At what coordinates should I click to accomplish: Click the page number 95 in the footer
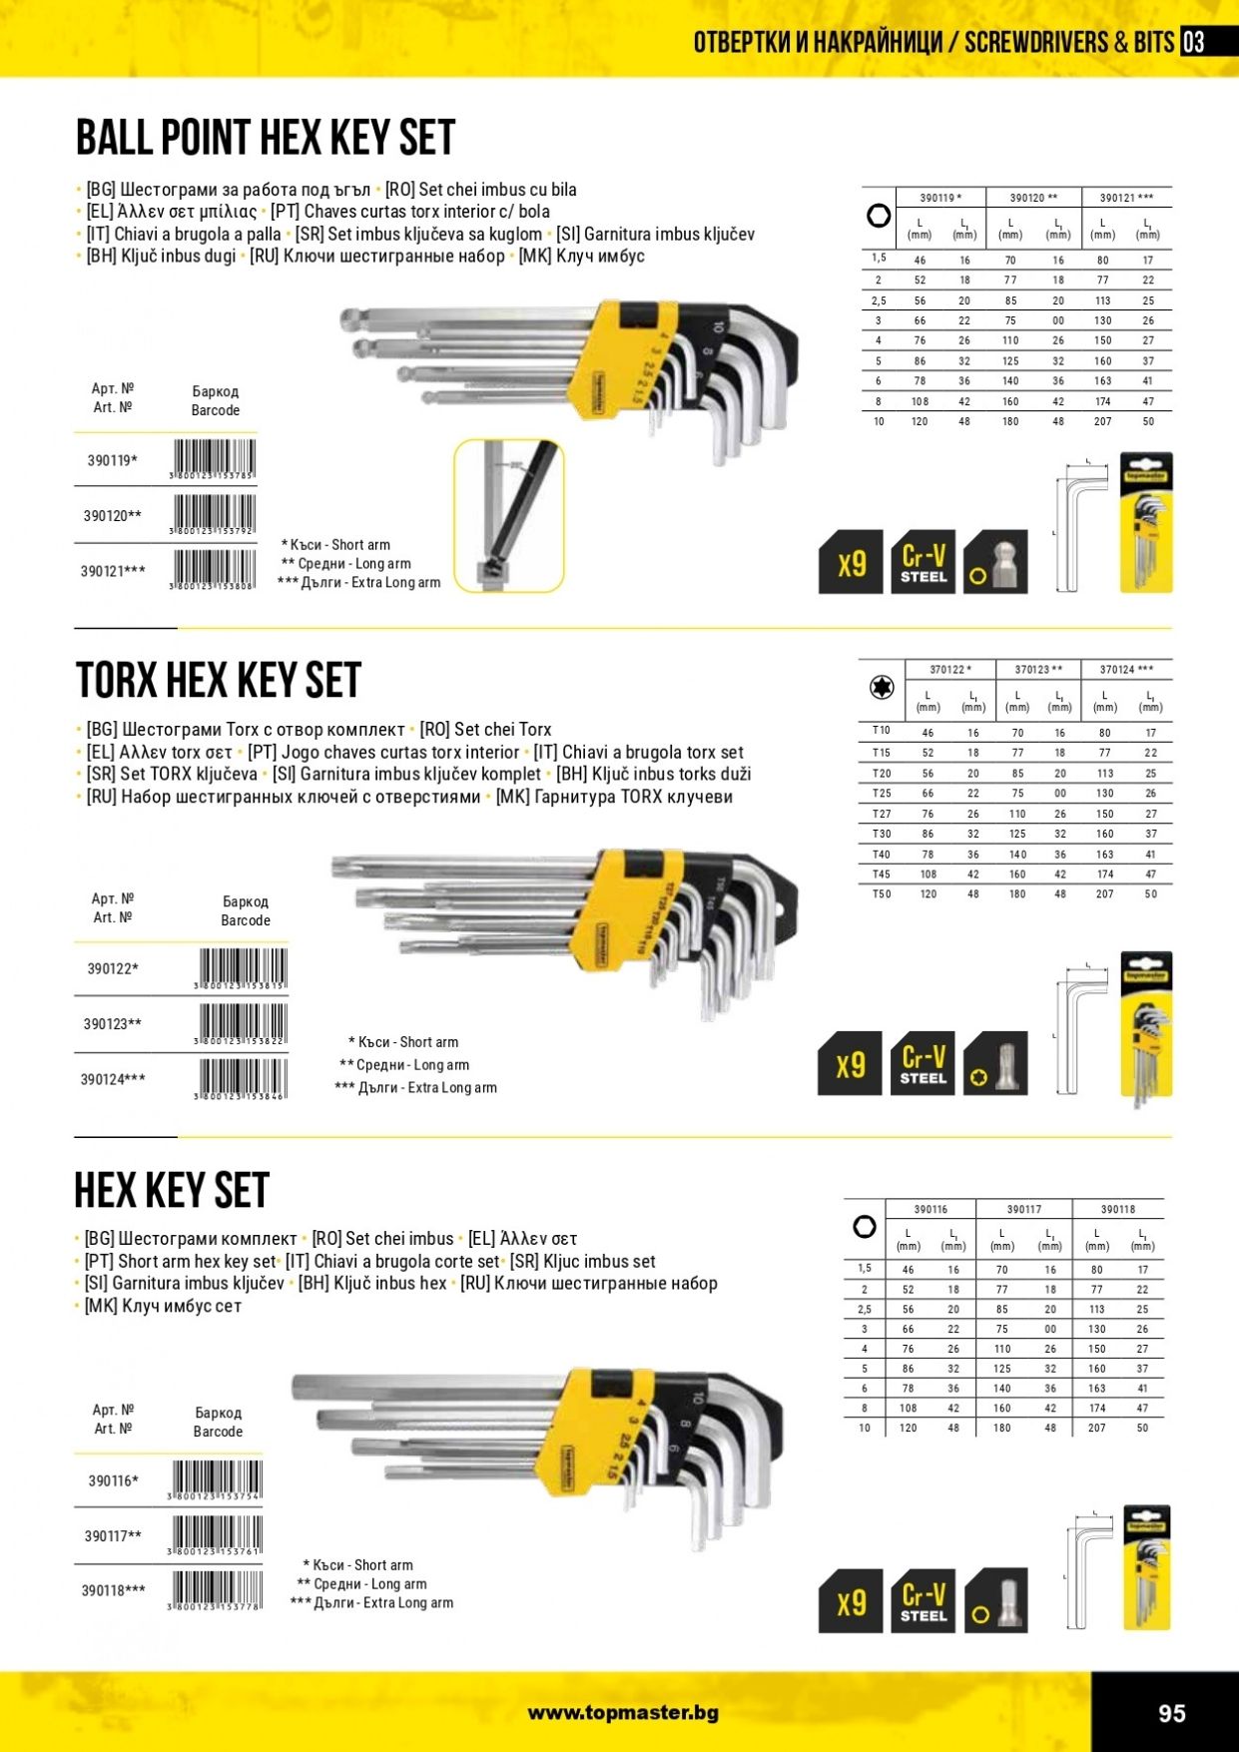pyautogui.click(x=1171, y=1713)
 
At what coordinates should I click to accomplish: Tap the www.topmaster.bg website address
pyautogui.click(x=623, y=1713)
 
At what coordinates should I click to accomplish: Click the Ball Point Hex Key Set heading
pyautogui.click(x=266, y=138)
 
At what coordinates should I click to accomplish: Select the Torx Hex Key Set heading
pyautogui.click(x=218, y=681)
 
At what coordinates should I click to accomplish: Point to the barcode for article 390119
pyautogui.click(x=213, y=460)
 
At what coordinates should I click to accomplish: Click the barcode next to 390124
pyautogui.click(x=243, y=1079)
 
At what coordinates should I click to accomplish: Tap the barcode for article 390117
pyautogui.click(x=217, y=1535)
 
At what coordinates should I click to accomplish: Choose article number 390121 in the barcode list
pyautogui.click(x=113, y=571)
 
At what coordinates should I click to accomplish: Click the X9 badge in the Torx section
pyautogui.click(x=850, y=1064)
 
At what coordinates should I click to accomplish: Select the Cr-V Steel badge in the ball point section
pyautogui.click(x=923, y=563)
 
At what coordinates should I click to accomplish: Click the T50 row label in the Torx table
pyautogui.click(x=882, y=894)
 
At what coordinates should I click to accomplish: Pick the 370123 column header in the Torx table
pyautogui.click(x=1038, y=670)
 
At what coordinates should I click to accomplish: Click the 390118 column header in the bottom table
pyautogui.click(x=1118, y=1209)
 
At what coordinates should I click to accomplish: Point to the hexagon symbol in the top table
pyautogui.click(x=879, y=216)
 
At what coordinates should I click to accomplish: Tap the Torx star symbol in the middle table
pyautogui.click(x=881, y=688)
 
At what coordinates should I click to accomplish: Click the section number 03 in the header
pyautogui.click(x=1193, y=42)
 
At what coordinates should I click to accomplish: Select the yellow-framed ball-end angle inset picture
pyautogui.click(x=509, y=515)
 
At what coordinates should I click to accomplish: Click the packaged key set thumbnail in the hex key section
pyautogui.click(x=1146, y=1568)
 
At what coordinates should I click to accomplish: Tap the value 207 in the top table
pyautogui.click(x=1102, y=422)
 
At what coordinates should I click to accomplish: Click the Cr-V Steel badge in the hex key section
pyautogui.click(x=923, y=1601)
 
